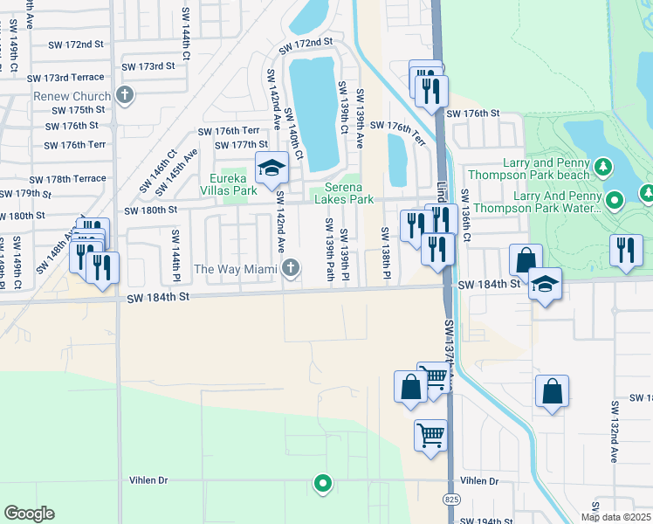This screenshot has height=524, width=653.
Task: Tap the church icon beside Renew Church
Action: (125, 95)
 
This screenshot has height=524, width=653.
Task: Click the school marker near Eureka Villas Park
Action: (272, 167)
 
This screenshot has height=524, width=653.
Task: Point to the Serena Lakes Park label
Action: (349, 193)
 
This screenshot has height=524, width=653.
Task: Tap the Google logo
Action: (29, 514)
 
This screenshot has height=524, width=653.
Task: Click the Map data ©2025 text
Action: (616, 517)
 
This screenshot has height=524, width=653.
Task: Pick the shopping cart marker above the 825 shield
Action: (430, 434)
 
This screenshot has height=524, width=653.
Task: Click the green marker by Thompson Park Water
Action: (615, 201)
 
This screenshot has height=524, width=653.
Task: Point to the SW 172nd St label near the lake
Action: (306, 42)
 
